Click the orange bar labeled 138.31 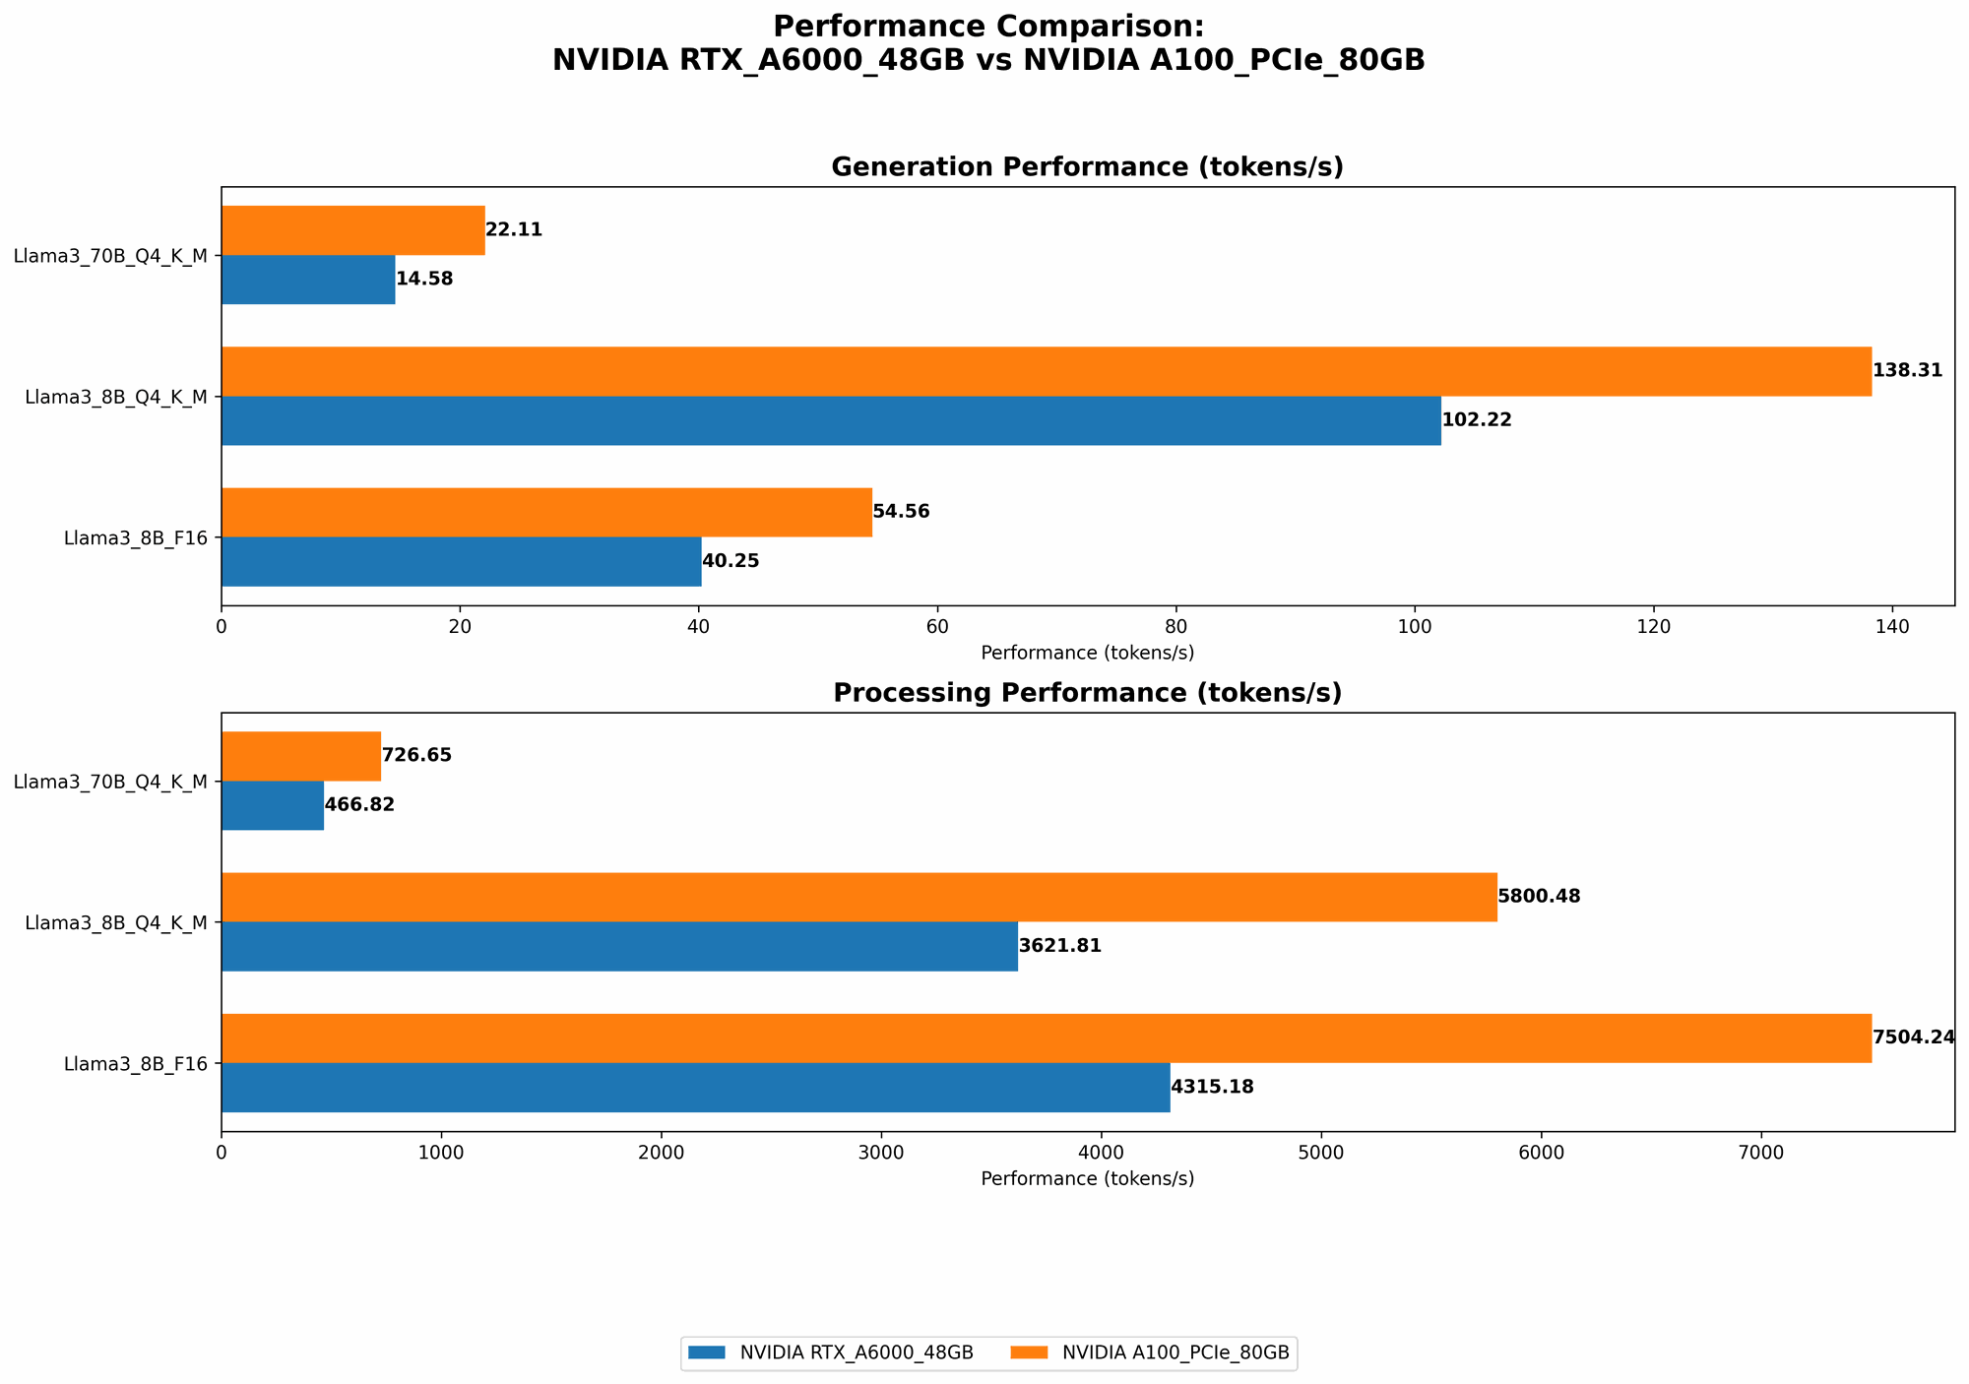coord(1046,371)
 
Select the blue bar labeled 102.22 coord(831,420)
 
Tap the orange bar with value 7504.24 coord(1046,1038)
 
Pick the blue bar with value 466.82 coord(273,805)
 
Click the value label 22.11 coord(514,230)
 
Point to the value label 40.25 coord(730,562)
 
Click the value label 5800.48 coord(1539,897)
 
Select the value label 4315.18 coord(1212,1088)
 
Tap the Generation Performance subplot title coord(1087,167)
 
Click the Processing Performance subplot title coord(1087,693)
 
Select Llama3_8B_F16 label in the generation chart coord(136,538)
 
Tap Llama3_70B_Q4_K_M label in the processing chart coord(110,782)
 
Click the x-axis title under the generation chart coord(1087,653)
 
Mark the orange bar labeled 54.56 coord(546,512)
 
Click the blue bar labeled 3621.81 coord(619,946)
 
